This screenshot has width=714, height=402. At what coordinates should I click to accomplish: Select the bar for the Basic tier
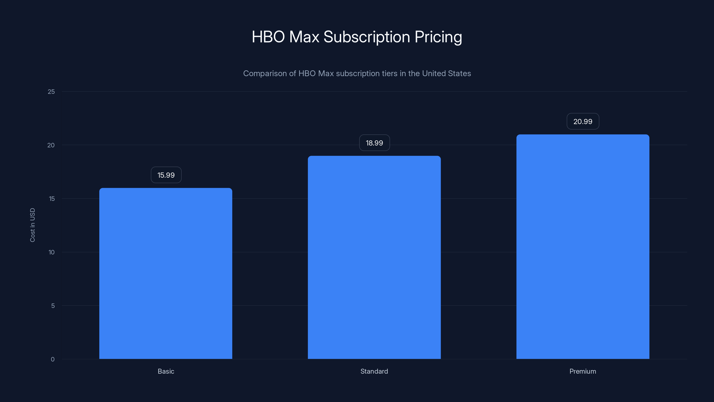point(166,273)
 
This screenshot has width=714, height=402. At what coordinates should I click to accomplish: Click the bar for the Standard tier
point(374,257)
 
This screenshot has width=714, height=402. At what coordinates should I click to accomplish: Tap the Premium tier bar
point(583,247)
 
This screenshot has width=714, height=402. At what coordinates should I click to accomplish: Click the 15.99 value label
point(166,175)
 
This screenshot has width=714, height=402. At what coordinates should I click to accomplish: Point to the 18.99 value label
point(374,143)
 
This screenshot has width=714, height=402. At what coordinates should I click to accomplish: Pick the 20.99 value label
point(583,121)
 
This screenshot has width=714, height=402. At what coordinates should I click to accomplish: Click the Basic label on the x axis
point(166,371)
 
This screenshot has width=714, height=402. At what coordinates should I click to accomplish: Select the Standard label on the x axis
point(374,371)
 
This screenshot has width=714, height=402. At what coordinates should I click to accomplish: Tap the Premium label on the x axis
point(583,371)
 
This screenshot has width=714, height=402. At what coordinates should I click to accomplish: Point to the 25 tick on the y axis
point(51,92)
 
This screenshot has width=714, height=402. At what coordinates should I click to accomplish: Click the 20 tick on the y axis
point(51,145)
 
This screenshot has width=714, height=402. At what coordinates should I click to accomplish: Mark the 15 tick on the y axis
point(52,199)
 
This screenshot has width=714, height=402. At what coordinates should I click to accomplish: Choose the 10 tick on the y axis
point(52,252)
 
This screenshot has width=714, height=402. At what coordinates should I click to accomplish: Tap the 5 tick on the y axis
point(53,306)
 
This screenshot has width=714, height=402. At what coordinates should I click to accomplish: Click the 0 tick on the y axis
point(53,359)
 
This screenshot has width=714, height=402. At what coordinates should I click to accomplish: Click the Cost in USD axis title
point(32,225)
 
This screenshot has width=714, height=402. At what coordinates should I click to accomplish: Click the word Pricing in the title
point(438,37)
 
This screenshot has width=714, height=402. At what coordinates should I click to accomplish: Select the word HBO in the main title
point(268,37)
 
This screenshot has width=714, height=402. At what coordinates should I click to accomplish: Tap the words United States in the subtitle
point(446,73)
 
